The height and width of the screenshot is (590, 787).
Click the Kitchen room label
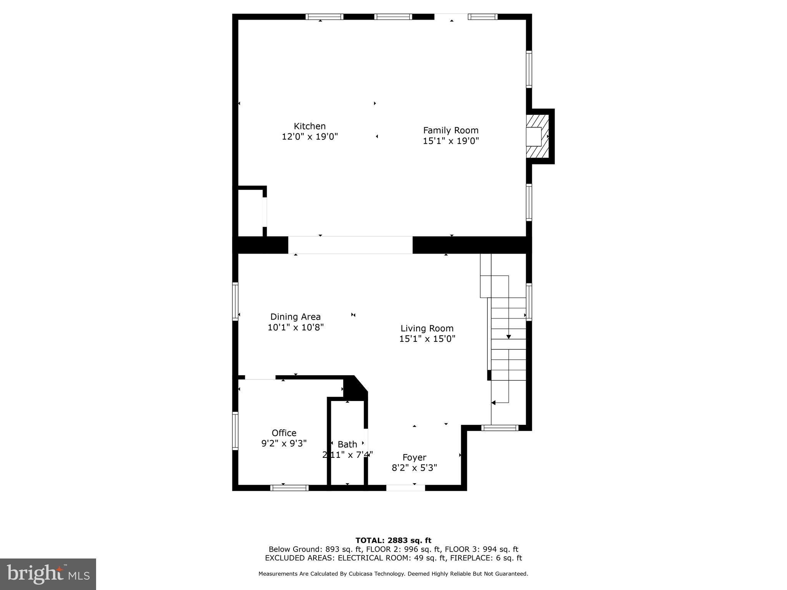pyautogui.click(x=309, y=126)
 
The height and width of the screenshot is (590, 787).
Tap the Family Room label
pyautogui.click(x=450, y=130)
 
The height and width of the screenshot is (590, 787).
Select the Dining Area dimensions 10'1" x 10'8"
pyautogui.click(x=296, y=327)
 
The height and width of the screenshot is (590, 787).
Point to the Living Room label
pyautogui.click(x=427, y=328)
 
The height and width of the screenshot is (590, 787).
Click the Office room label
pyautogui.click(x=284, y=433)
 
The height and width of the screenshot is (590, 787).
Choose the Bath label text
pyautogui.click(x=347, y=444)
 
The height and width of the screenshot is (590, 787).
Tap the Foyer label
pyautogui.click(x=414, y=457)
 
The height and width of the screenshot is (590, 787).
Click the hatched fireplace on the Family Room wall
pyautogui.click(x=538, y=136)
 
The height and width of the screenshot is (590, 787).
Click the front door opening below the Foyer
pyautogui.click(x=405, y=488)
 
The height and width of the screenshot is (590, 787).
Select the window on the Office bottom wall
pyautogui.click(x=289, y=488)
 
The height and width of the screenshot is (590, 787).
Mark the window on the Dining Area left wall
pyautogui.click(x=235, y=302)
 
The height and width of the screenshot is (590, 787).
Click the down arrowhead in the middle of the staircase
pyautogui.click(x=508, y=337)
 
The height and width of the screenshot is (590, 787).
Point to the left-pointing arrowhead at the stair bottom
pyautogui.click(x=493, y=403)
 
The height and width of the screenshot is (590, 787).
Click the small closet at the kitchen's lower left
pyautogui.click(x=250, y=212)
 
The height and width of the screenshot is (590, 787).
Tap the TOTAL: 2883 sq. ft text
pyautogui.click(x=393, y=541)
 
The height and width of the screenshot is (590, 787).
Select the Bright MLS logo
pyautogui.click(x=48, y=574)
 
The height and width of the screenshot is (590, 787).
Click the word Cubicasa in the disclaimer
pyautogui.click(x=363, y=574)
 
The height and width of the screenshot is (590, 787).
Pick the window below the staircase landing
pyautogui.click(x=500, y=428)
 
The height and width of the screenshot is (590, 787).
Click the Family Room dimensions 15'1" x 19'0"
pyautogui.click(x=450, y=141)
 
